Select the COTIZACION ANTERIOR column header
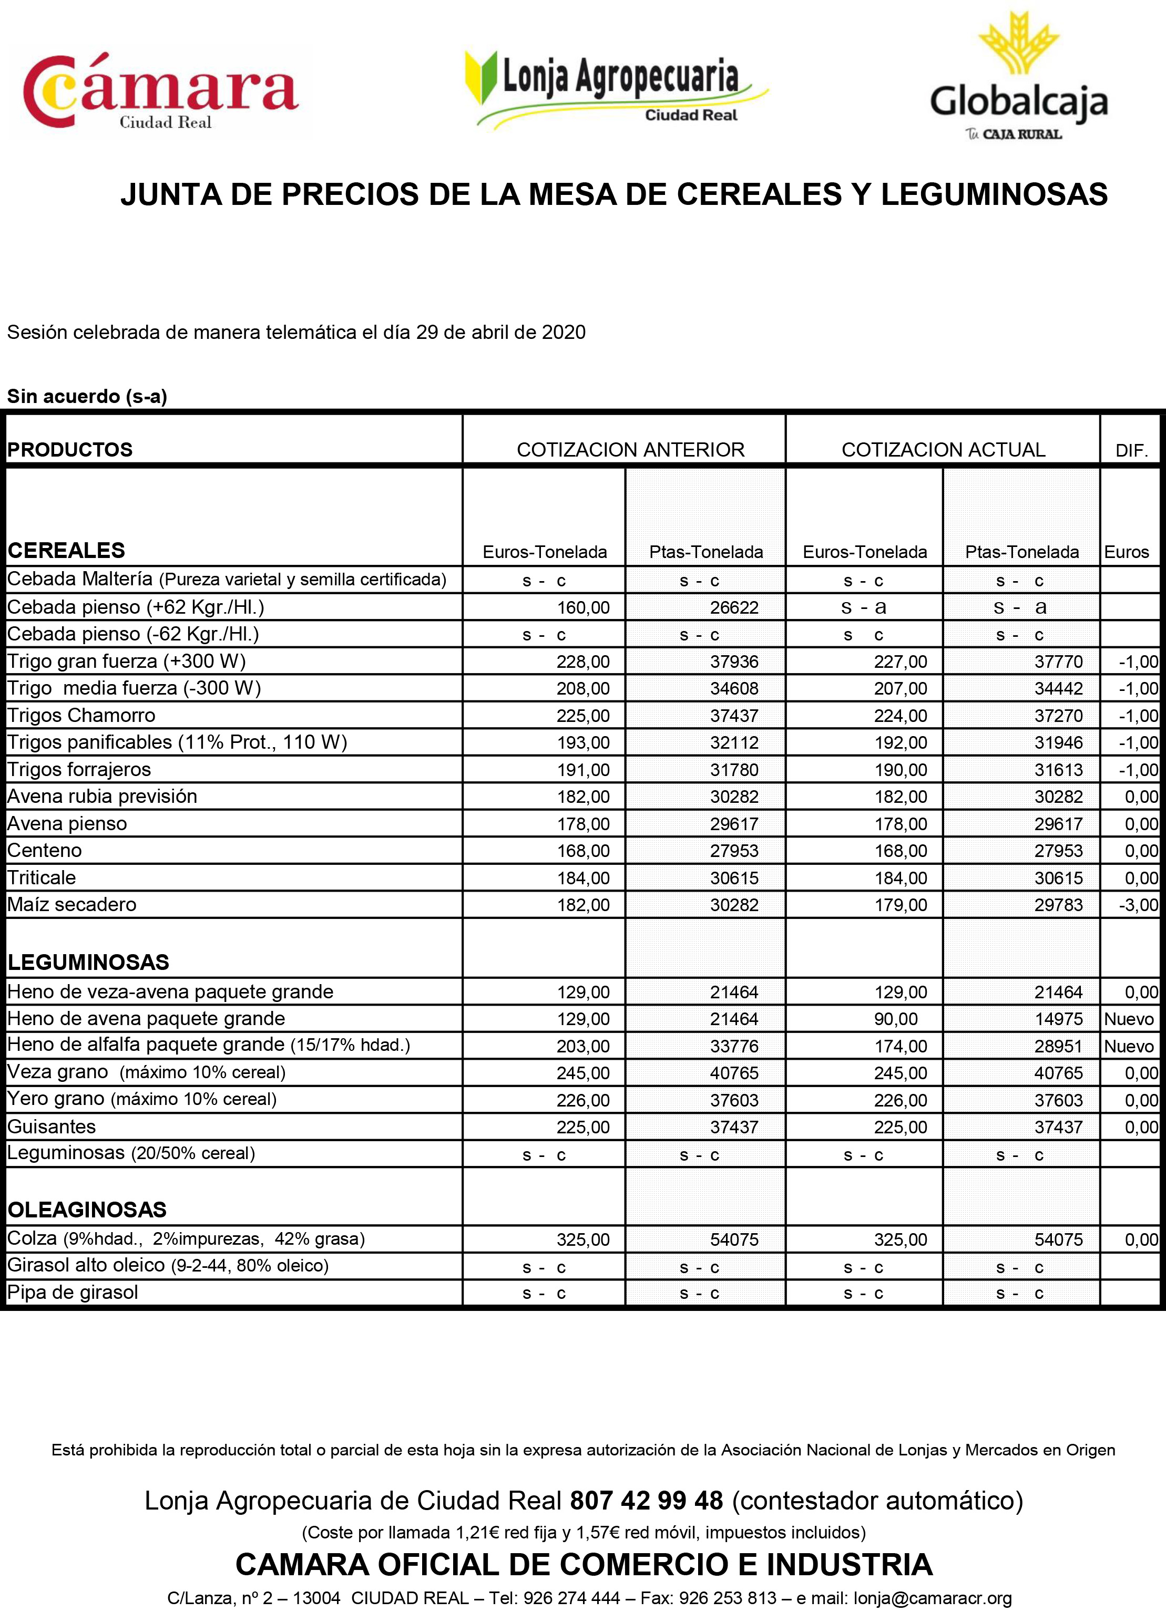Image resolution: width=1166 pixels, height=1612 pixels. [630, 450]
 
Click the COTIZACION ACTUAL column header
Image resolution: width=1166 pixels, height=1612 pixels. [943, 450]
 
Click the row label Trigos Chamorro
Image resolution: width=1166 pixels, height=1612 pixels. [81, 715]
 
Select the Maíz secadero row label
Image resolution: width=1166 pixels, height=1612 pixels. [72, 904]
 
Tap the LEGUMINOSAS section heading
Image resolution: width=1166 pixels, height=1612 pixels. [88, 963]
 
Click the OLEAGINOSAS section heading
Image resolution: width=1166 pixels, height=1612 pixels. [87, 1209]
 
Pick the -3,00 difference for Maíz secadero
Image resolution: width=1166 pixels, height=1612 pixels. [1138, 905]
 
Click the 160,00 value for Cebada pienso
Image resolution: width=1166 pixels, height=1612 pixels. [583, 608]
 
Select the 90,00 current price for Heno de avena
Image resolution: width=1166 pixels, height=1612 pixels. [896, 1018]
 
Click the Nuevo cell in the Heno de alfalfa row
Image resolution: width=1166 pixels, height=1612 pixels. [1128, 1046]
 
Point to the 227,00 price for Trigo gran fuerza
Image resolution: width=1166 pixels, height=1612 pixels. [900, 662]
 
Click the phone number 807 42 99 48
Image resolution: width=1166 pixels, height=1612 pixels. [646, 1501]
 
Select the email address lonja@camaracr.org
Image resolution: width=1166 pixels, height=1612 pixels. [932, 1598]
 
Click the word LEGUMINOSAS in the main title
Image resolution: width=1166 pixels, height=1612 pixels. [994, 194]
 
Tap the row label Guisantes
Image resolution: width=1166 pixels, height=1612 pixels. [51, 1127]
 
